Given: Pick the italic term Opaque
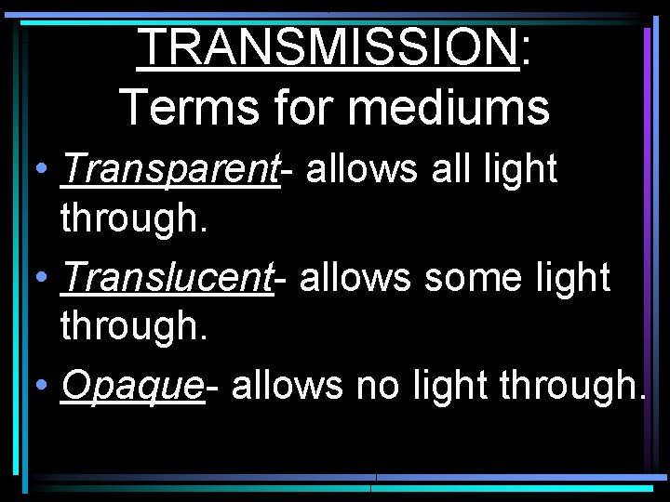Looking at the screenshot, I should click(x=131, y=384).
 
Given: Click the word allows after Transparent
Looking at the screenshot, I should click(x=359, y=169).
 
